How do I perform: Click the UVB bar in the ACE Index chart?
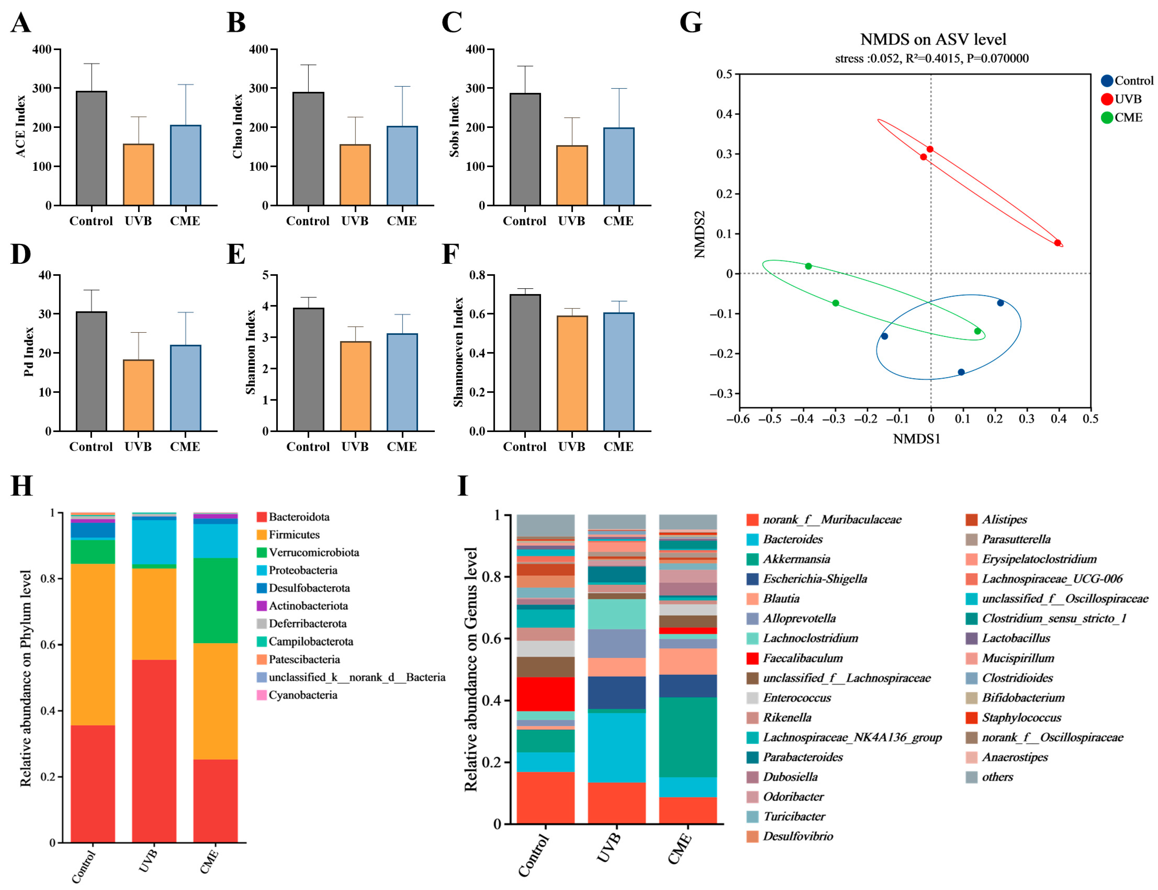click(138, 174)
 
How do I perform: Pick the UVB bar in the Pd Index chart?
click(138, 395)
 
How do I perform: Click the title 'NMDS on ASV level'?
click(933, 39)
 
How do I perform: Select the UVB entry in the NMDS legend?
click(1121, 99)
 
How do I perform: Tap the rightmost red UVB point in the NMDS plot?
click(1057, 243)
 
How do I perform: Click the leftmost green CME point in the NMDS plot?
click(808, 266)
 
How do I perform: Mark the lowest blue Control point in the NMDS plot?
click(961, 372)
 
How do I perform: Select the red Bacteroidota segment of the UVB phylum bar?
click(154, 751)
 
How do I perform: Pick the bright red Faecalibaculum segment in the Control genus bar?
click(546, 694)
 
